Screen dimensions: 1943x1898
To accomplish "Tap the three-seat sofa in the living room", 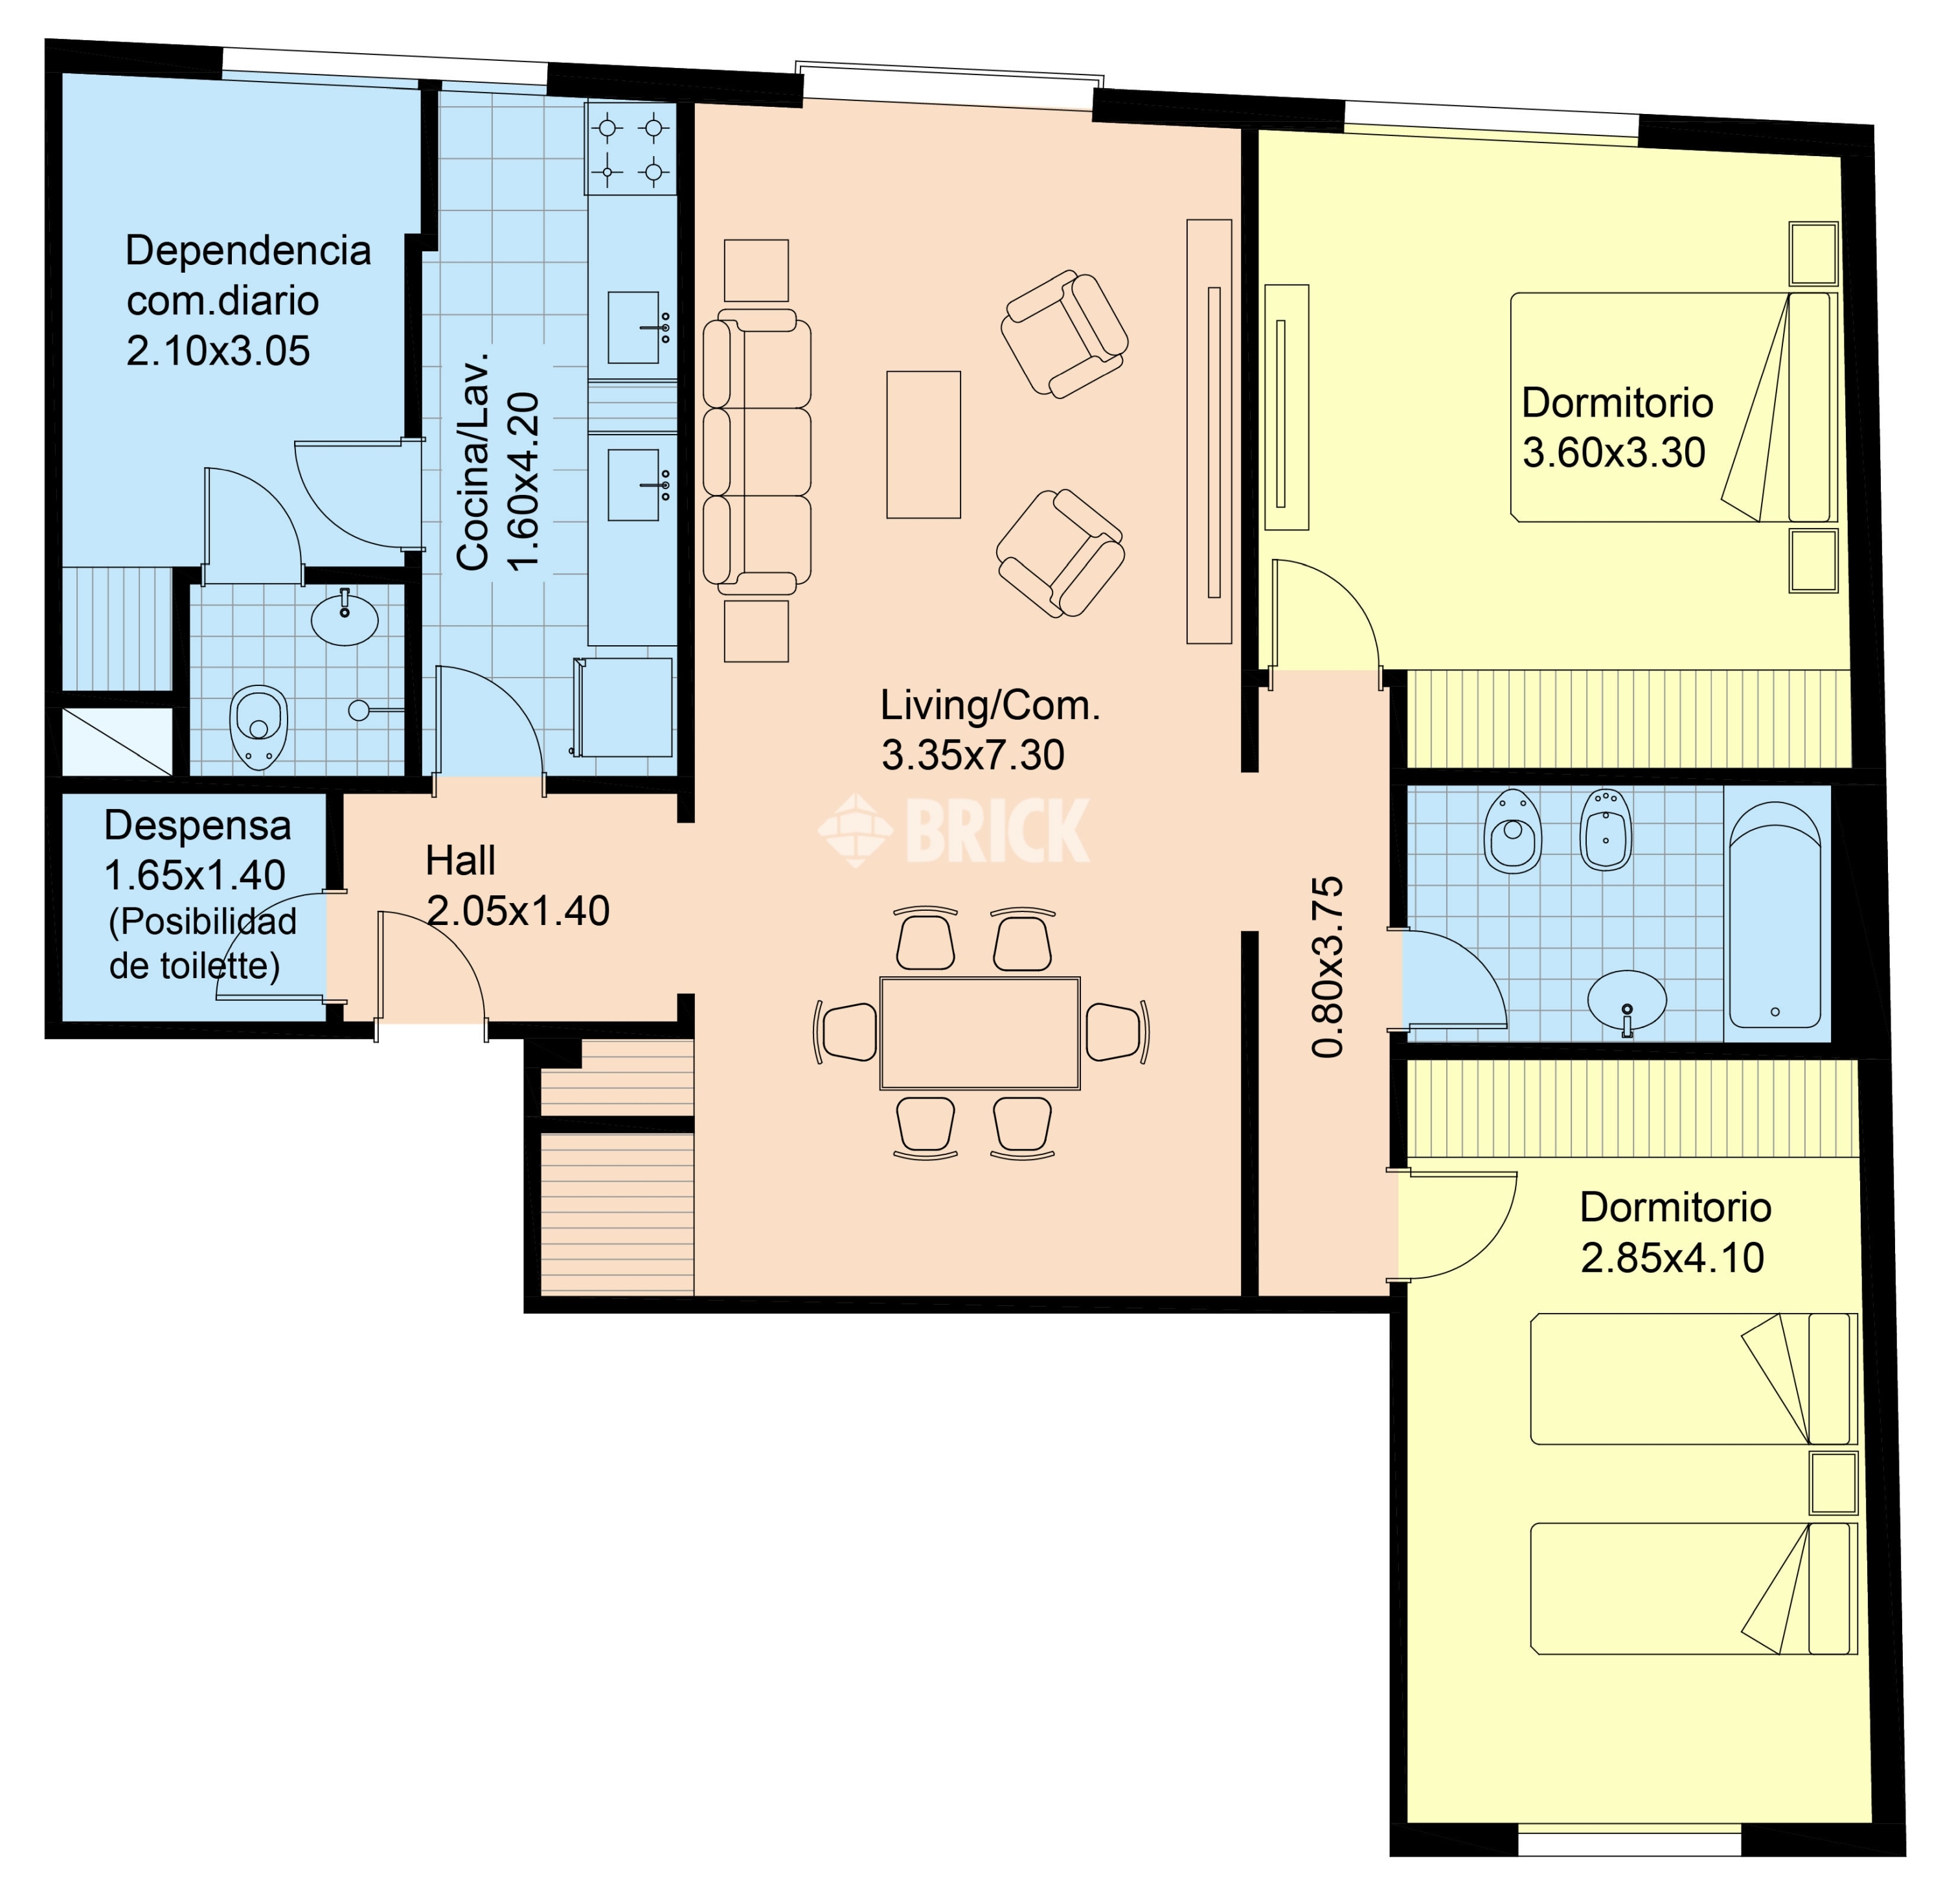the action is click(756, 452).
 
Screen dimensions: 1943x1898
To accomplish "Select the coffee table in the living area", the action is click(923, 444).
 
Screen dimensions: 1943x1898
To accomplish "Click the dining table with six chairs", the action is click(980, 1033).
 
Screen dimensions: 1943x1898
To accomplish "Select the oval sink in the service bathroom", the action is click(345, 617).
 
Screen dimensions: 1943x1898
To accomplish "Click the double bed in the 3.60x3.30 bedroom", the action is click(1674, 407).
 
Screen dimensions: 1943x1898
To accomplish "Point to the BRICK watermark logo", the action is click(954, 829).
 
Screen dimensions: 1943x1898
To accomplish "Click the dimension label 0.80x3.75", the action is click(1327, 967).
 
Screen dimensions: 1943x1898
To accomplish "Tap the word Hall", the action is click(460, 860).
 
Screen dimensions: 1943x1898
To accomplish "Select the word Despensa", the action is click(198, 825).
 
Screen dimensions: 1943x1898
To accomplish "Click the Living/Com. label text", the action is click(990, 706).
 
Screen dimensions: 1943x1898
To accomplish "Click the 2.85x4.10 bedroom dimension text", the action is click(1672, 1258).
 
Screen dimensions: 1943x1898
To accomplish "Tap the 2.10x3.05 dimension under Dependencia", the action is click(218, 351).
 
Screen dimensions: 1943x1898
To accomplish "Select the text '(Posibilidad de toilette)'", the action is click(201, 943).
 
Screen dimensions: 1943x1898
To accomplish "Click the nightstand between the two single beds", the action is click(1834, 1482).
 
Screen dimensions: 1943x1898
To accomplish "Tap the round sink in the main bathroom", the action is click(1626, 999).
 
